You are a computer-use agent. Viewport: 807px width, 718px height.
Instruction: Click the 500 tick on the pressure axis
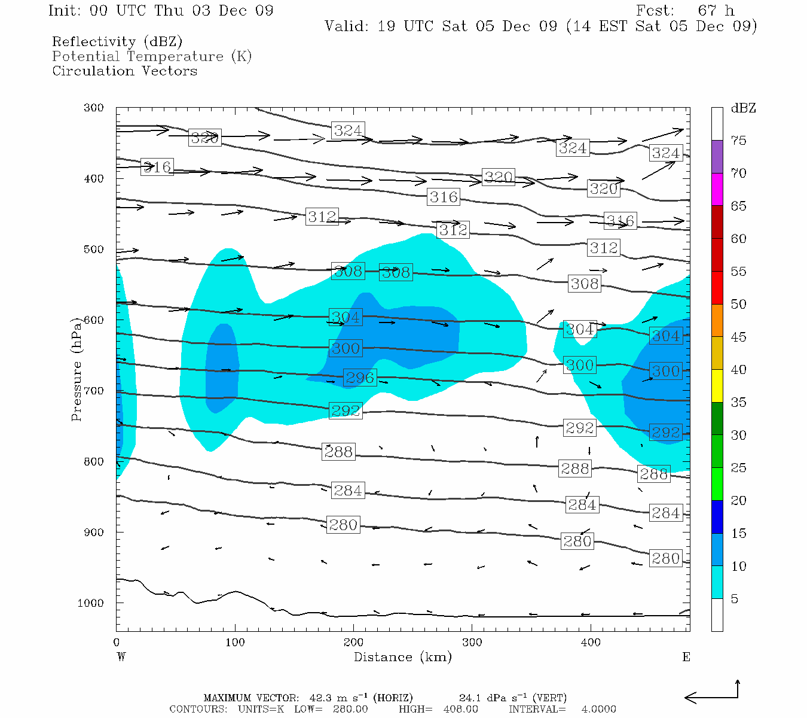tap(94, 250)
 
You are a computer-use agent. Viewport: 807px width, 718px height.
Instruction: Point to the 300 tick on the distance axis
tap(472, 643)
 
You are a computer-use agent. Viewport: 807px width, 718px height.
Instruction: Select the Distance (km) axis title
tap(402, 657)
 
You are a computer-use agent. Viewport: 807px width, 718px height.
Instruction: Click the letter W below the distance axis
tap(121, 657)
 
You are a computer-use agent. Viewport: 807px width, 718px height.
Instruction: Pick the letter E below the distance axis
tap(686, 657)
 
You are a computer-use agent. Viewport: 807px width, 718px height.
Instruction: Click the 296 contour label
tap(360, 378)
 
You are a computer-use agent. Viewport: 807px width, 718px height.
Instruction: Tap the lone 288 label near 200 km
tap(338, 452)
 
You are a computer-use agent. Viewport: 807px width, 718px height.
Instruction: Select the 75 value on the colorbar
tap(738, 141)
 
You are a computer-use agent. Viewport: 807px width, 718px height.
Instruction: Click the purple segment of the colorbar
tap(717, 156)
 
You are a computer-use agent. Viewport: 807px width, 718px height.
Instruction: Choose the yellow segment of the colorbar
tap(717, 385)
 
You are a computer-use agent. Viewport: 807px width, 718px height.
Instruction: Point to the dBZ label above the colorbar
tap(743, 108)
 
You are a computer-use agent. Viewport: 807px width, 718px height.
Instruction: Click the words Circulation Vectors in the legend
tap(124, 71)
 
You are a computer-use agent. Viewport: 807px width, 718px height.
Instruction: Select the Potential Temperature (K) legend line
tap(152, 56)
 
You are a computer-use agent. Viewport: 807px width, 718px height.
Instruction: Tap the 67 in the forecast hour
tap(707, 11)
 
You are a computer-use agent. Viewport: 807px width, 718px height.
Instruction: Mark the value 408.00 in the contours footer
tap(460, 709)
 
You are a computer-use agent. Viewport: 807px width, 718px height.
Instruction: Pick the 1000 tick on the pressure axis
tap(90, 603)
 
